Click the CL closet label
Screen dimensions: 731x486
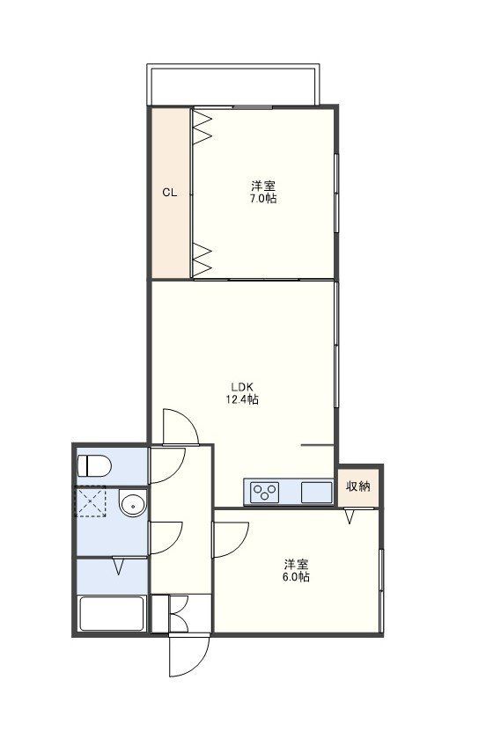pos(170,194)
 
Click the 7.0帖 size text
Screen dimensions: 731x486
pos(262,200)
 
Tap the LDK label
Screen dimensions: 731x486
pos(242,386)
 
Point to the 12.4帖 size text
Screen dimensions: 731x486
pos(242,399)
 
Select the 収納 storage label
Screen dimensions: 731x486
pos(357,486)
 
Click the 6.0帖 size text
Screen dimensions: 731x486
pos(296,578)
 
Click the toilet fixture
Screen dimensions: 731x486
pos(94,464)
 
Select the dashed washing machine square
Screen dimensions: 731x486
pos(91,504)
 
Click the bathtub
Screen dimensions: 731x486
pos(112,613)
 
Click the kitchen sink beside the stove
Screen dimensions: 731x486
pos(315,493)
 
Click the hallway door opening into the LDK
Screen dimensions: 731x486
pos(180,427)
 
